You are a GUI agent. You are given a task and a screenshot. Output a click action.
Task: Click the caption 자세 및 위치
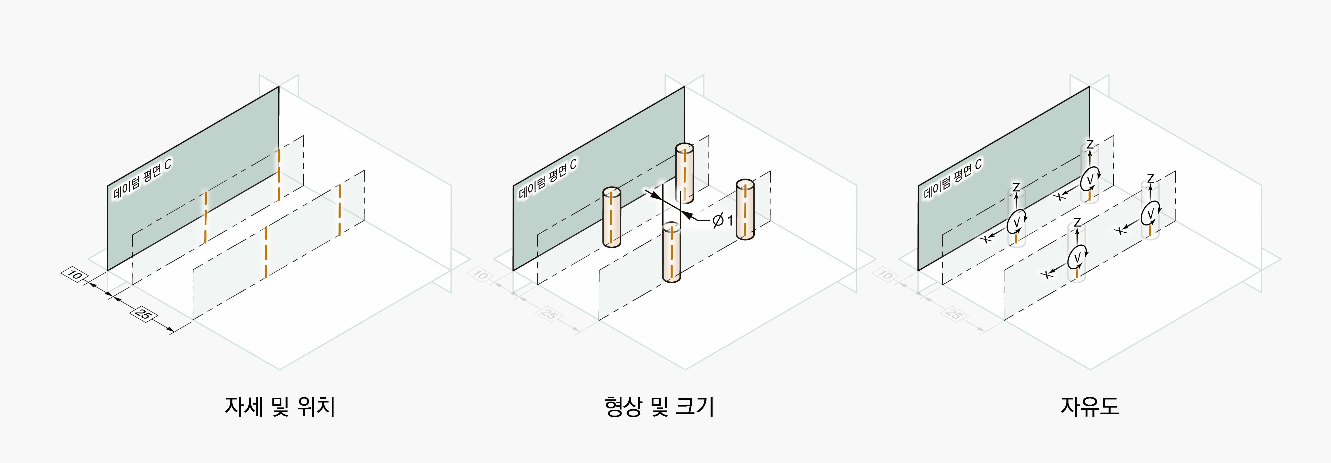point(280,406)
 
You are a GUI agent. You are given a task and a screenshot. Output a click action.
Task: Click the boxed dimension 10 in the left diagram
point(75,275)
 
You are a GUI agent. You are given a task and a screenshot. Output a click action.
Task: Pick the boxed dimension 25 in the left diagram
point(143,314)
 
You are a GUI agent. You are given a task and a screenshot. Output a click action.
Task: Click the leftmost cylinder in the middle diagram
point(611,217)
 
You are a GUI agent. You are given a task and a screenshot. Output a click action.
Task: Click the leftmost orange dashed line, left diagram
point(206,217)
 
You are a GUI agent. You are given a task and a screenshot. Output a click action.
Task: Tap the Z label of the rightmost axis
point(1150,179)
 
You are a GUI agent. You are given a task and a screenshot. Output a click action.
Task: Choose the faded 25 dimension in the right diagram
point(954,314)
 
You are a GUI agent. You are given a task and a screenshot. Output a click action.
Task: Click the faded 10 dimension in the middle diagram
point(480,275)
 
